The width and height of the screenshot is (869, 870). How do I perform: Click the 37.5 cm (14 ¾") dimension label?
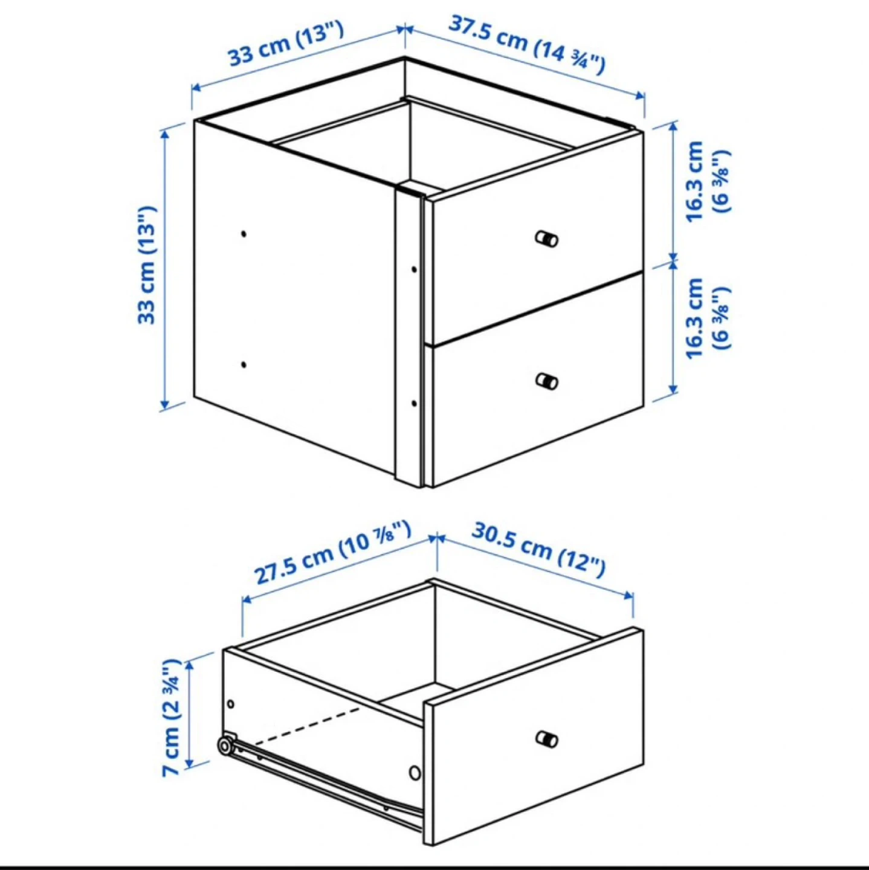click(x=526, y=45)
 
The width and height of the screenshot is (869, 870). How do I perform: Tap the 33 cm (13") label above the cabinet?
click(x=285, y=43)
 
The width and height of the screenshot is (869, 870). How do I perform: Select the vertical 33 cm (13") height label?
click(x=147, y=265)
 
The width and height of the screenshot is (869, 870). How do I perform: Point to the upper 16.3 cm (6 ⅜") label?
click(x=706, y=181)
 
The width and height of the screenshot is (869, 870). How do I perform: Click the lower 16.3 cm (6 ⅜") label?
click(x=706, y=318)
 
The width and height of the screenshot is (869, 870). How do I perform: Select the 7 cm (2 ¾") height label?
click(x=171, y=717)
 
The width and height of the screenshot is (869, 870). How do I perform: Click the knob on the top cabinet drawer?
click(x=547, y=239)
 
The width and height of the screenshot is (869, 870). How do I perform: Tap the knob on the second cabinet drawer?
click(x=547, y=381)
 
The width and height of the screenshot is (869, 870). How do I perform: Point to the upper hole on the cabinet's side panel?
click(x=244, y=234)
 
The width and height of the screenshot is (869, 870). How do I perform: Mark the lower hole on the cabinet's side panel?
click(x=244, y=364)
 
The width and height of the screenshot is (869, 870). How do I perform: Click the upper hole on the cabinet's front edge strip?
click(x=414, y=269)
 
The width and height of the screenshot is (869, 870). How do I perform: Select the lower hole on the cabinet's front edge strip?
click(x=414, y=403)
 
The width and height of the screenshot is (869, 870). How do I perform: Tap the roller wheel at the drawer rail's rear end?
click(x=224, y=746)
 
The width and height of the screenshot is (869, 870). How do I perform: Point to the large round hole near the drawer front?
click(x=415, y=773)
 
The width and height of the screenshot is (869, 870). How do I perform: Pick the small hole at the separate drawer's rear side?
click(x=230, y=704)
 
